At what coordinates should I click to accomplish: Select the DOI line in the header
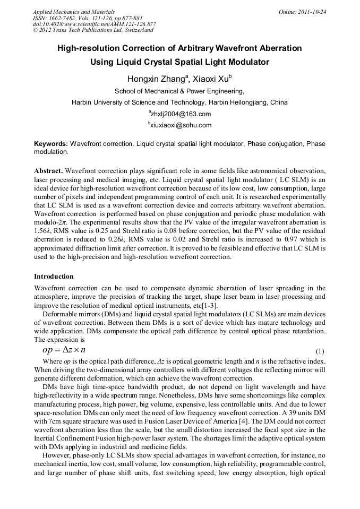click(94, 24)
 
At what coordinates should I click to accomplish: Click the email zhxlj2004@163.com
click(181, 114)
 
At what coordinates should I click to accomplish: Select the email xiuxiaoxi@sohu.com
click(181, 125)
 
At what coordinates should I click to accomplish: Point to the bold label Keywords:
click(51, 144)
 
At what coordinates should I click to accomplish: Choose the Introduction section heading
click(54, 277)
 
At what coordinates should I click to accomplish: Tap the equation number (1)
click(320, 351)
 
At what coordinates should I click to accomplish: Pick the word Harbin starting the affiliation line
click(82, 102)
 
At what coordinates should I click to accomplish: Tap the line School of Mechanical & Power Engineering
click(179, 91)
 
